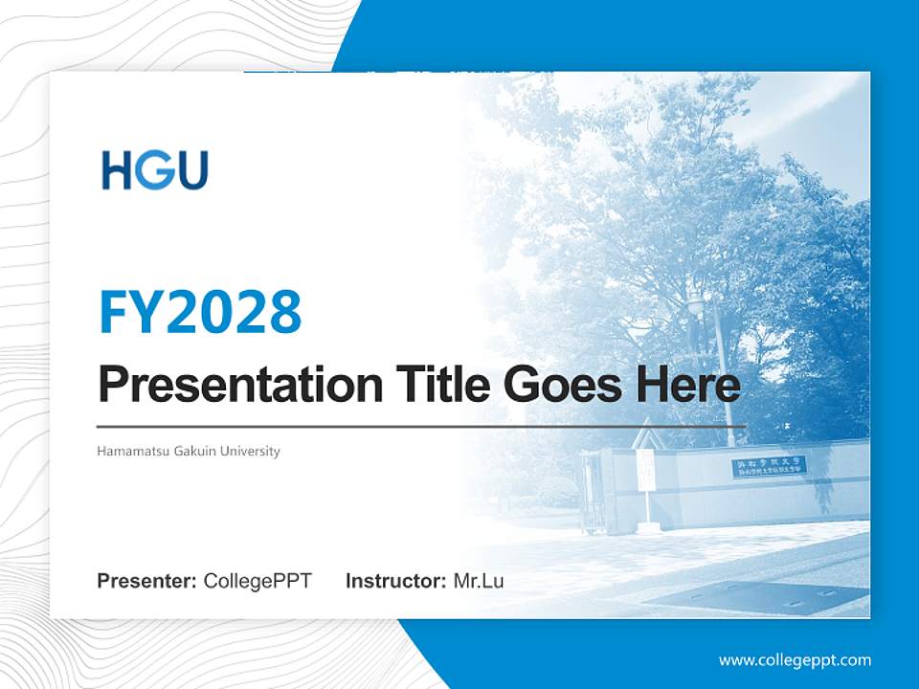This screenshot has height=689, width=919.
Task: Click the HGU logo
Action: click(x=155, y=170)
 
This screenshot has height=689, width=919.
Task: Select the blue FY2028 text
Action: click(x=200, y=312)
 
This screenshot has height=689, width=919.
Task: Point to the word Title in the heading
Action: click(x=436, y=385)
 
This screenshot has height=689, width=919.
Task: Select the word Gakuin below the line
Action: click(x=195, y=451)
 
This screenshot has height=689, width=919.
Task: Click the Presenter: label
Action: click(x=147, y=581)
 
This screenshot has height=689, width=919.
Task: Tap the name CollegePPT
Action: click(x=258, y=581)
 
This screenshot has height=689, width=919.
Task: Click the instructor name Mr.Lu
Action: click(x=479, y=581)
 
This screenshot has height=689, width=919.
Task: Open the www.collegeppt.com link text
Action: click(x=795, y=659)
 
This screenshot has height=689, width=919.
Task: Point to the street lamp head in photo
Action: click(x=696, y=304)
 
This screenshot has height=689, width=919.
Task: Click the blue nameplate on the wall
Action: click(x=771, y=467)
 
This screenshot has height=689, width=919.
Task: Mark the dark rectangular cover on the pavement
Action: click(x=756, y=597)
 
